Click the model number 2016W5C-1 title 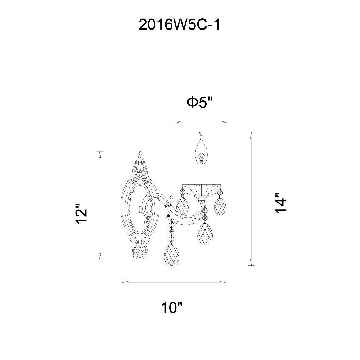click(179, 25)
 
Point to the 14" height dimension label click(281, 203)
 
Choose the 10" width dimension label click(172, 307)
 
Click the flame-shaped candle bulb click(201, 148)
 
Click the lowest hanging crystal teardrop click(171, 255)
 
